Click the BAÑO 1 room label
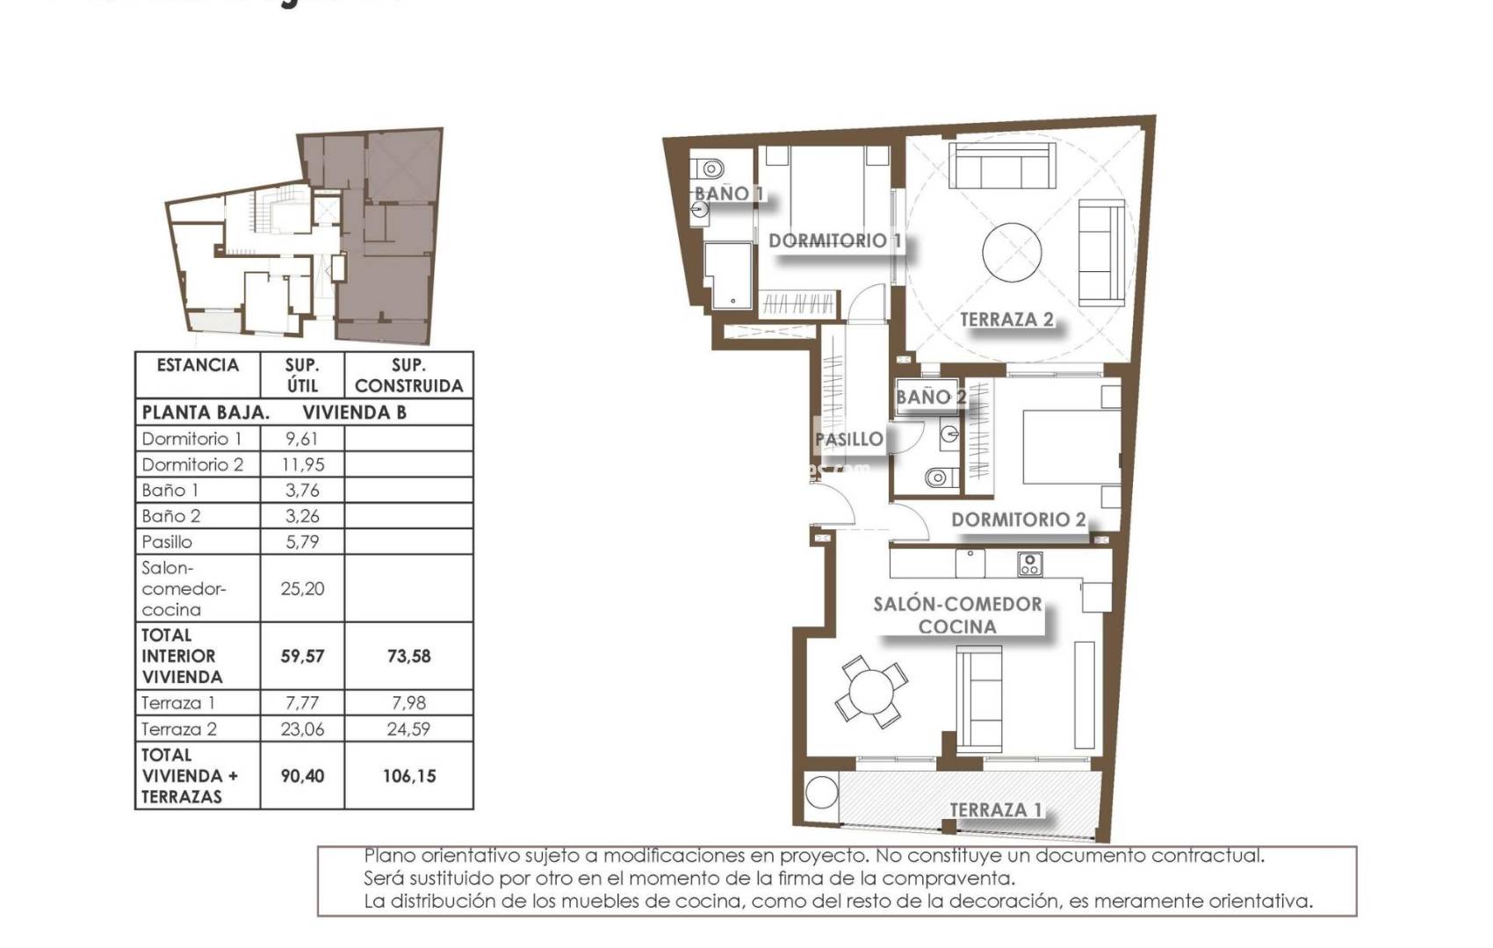(x=728, y=193)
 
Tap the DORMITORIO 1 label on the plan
(x=835, y=241)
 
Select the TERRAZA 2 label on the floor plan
(x=1006, y=320)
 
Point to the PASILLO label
(x=848, y=439)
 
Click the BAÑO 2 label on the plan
(x=930, y=397)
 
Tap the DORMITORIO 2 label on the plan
(x=1018, y=520)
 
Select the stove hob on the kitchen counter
(x=1030, y=564)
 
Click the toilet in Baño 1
(x=710, y=167)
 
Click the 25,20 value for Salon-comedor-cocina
(x=302, y=589)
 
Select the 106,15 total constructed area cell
(x=408, y=776)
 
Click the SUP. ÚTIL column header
(x=302, y=375)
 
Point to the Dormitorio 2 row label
(x=192, y=464)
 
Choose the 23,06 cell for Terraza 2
(x=302, y=729)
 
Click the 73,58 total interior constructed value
(x=408, y=656)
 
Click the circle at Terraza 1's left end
(x=822, y=792)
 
